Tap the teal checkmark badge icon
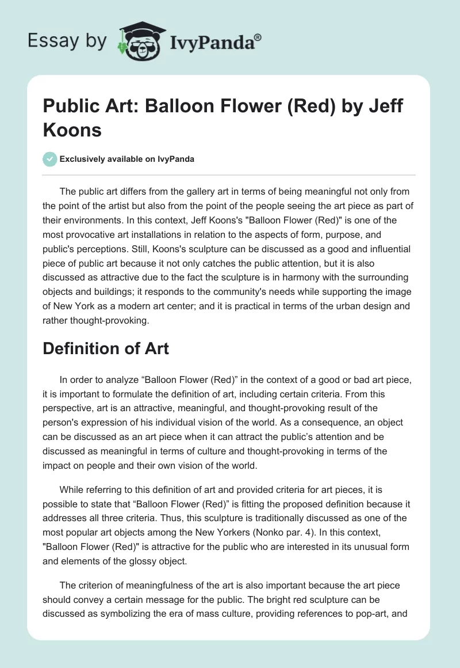[x=50, y=159]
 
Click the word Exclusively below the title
[x=85, y=160]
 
